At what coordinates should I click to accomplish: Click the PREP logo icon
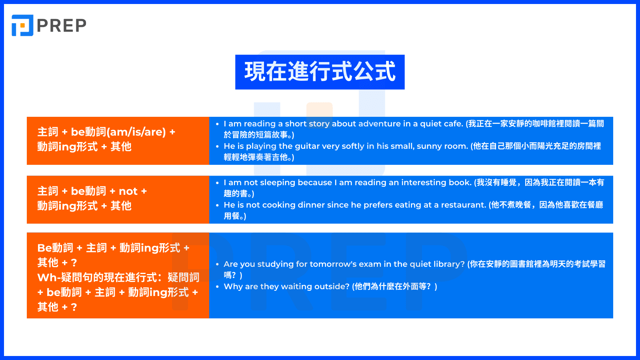coord(22,26)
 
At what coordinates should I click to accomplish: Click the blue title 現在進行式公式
coord(320,72)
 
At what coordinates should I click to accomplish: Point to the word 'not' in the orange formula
coord(128,191)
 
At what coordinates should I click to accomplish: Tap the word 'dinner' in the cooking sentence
coord(311,205)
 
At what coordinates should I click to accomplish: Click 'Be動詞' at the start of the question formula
coord(55,248)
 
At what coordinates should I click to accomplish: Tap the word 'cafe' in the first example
coord(452,124)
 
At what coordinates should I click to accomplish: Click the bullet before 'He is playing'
coord(217,147)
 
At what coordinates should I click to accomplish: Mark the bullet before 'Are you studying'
coord(217,265)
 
